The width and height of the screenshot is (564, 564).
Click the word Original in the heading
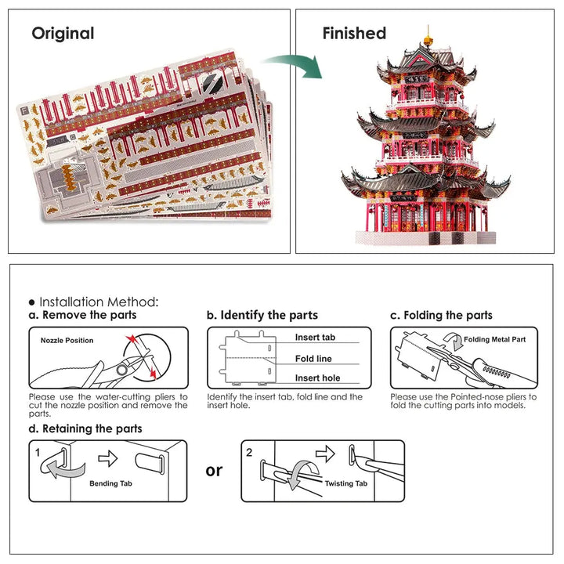(x=63, y=34)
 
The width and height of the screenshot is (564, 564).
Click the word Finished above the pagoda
(x=354, y=34)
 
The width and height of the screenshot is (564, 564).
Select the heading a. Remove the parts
(x=82, y=315)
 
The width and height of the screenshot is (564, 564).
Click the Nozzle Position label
(x=67, y=340)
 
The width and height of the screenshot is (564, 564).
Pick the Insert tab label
(x=315, y=338)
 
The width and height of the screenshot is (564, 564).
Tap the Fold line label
(x=313, y=359)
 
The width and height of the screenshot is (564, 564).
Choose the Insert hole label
(x=317, y=378)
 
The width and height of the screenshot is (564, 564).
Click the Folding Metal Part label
(x=494, y=340)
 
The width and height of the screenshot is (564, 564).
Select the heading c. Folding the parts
(x=442, y=315)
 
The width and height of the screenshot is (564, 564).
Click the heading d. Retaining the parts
(x=85, y=428)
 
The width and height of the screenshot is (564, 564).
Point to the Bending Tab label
(x=115, y=484)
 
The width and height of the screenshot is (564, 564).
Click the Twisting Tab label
(x=348, y=484)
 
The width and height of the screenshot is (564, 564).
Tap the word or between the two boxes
(x=214, y=470)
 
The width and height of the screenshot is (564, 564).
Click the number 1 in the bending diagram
(x=37, y=452)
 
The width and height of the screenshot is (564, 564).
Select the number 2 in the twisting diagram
(x=249, y=452)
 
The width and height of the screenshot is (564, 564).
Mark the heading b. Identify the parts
(x=262, y=315)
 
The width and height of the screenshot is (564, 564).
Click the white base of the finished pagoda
(x=427, y=238)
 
